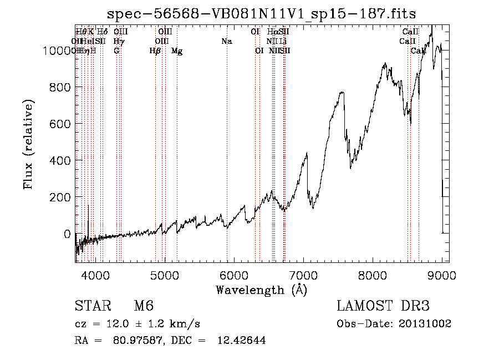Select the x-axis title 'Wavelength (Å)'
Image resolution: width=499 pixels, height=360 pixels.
[261, 290]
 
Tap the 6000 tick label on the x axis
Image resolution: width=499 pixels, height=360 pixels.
[233, 275]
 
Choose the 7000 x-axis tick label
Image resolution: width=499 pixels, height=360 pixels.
[303, 275]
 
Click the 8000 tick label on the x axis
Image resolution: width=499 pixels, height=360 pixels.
[373, 275]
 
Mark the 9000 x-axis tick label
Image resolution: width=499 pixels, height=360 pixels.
[442, 275]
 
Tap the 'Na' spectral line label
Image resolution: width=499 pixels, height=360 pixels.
[226, 42]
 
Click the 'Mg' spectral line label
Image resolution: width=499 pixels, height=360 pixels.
[177, 51]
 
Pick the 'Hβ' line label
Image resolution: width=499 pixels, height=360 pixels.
[155, 51]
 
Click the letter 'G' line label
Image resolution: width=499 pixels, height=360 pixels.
[116, 51]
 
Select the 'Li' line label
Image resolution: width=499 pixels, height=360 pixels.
[283, 42]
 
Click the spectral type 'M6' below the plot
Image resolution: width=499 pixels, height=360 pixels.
[144, 306]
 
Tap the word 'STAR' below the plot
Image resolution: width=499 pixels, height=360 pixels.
[93, 306]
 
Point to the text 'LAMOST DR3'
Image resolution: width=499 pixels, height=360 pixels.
[383, 306]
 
